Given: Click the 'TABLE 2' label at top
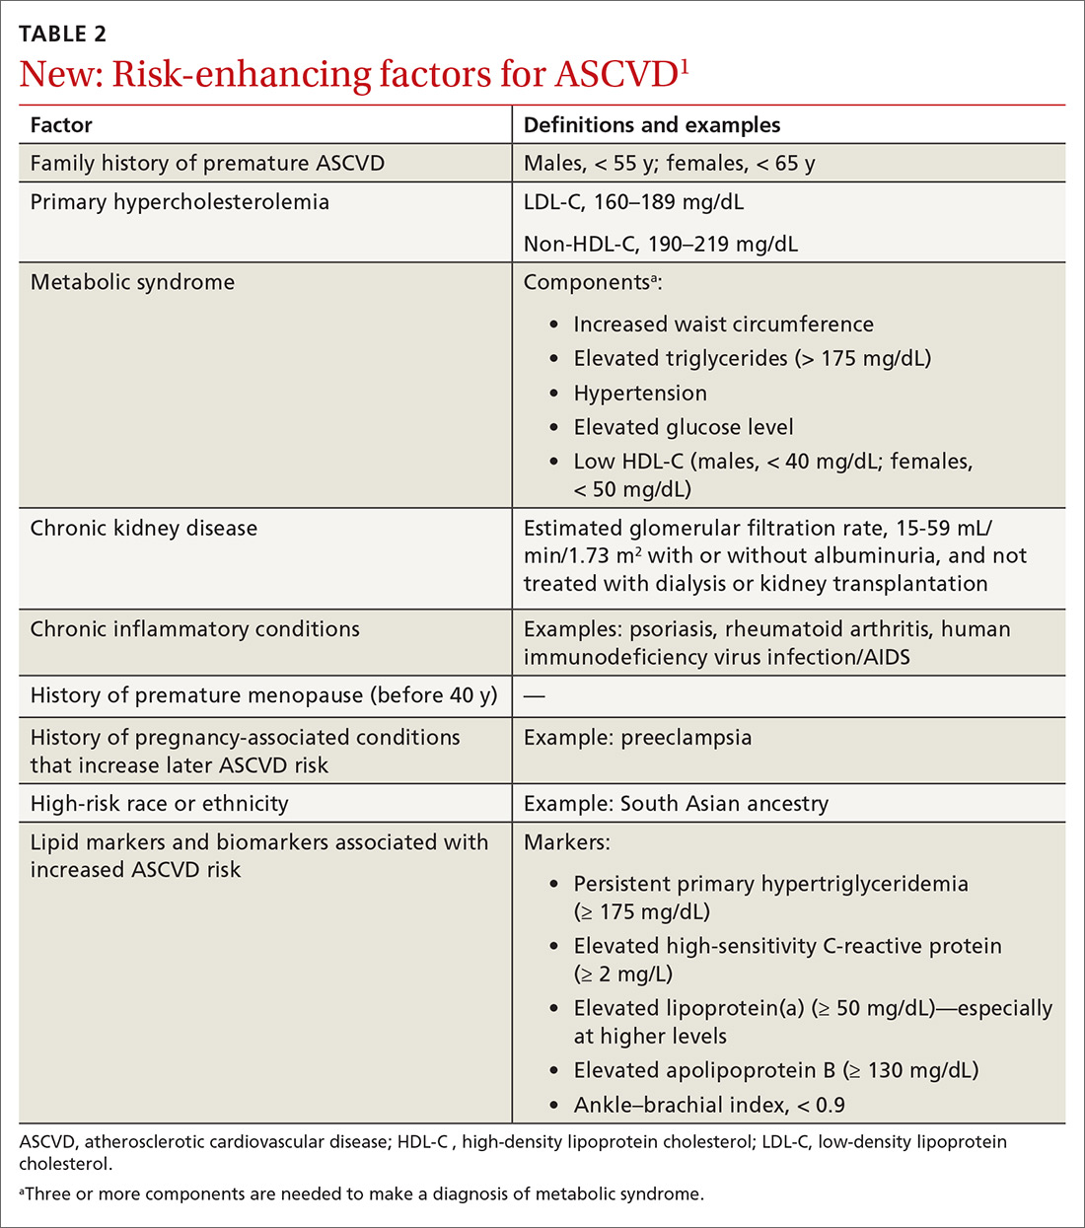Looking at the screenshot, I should pos(63,34).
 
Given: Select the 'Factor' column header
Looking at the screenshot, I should pos(61,125).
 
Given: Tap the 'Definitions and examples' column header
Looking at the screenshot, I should pos(651,125).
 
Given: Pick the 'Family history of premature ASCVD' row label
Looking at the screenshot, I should pos(207,164).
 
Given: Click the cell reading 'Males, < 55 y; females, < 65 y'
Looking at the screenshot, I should pos(669,164).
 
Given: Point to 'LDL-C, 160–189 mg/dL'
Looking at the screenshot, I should pos(633,202).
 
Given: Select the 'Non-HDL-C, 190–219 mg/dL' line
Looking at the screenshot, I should pos(660,244).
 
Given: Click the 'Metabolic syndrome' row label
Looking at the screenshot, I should pos(132,282).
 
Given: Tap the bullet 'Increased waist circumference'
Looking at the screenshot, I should pos(723,325).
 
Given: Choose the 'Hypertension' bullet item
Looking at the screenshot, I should pos(640,394).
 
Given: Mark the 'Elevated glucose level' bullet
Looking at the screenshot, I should pos(683,427).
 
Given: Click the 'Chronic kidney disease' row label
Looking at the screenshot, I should pos(143,529).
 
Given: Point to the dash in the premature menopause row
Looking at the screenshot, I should pos(534,695).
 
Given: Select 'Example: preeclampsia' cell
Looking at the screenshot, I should pos(637,738).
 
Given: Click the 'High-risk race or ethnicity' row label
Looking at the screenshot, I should pos(159,804).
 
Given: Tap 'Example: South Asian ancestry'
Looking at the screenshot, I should pos(676,804).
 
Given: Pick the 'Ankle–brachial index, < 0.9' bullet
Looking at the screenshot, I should pos(708,1105).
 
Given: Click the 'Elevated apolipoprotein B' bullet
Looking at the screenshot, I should pos(775,1070).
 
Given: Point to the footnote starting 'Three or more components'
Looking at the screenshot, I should pos(363,1193).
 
